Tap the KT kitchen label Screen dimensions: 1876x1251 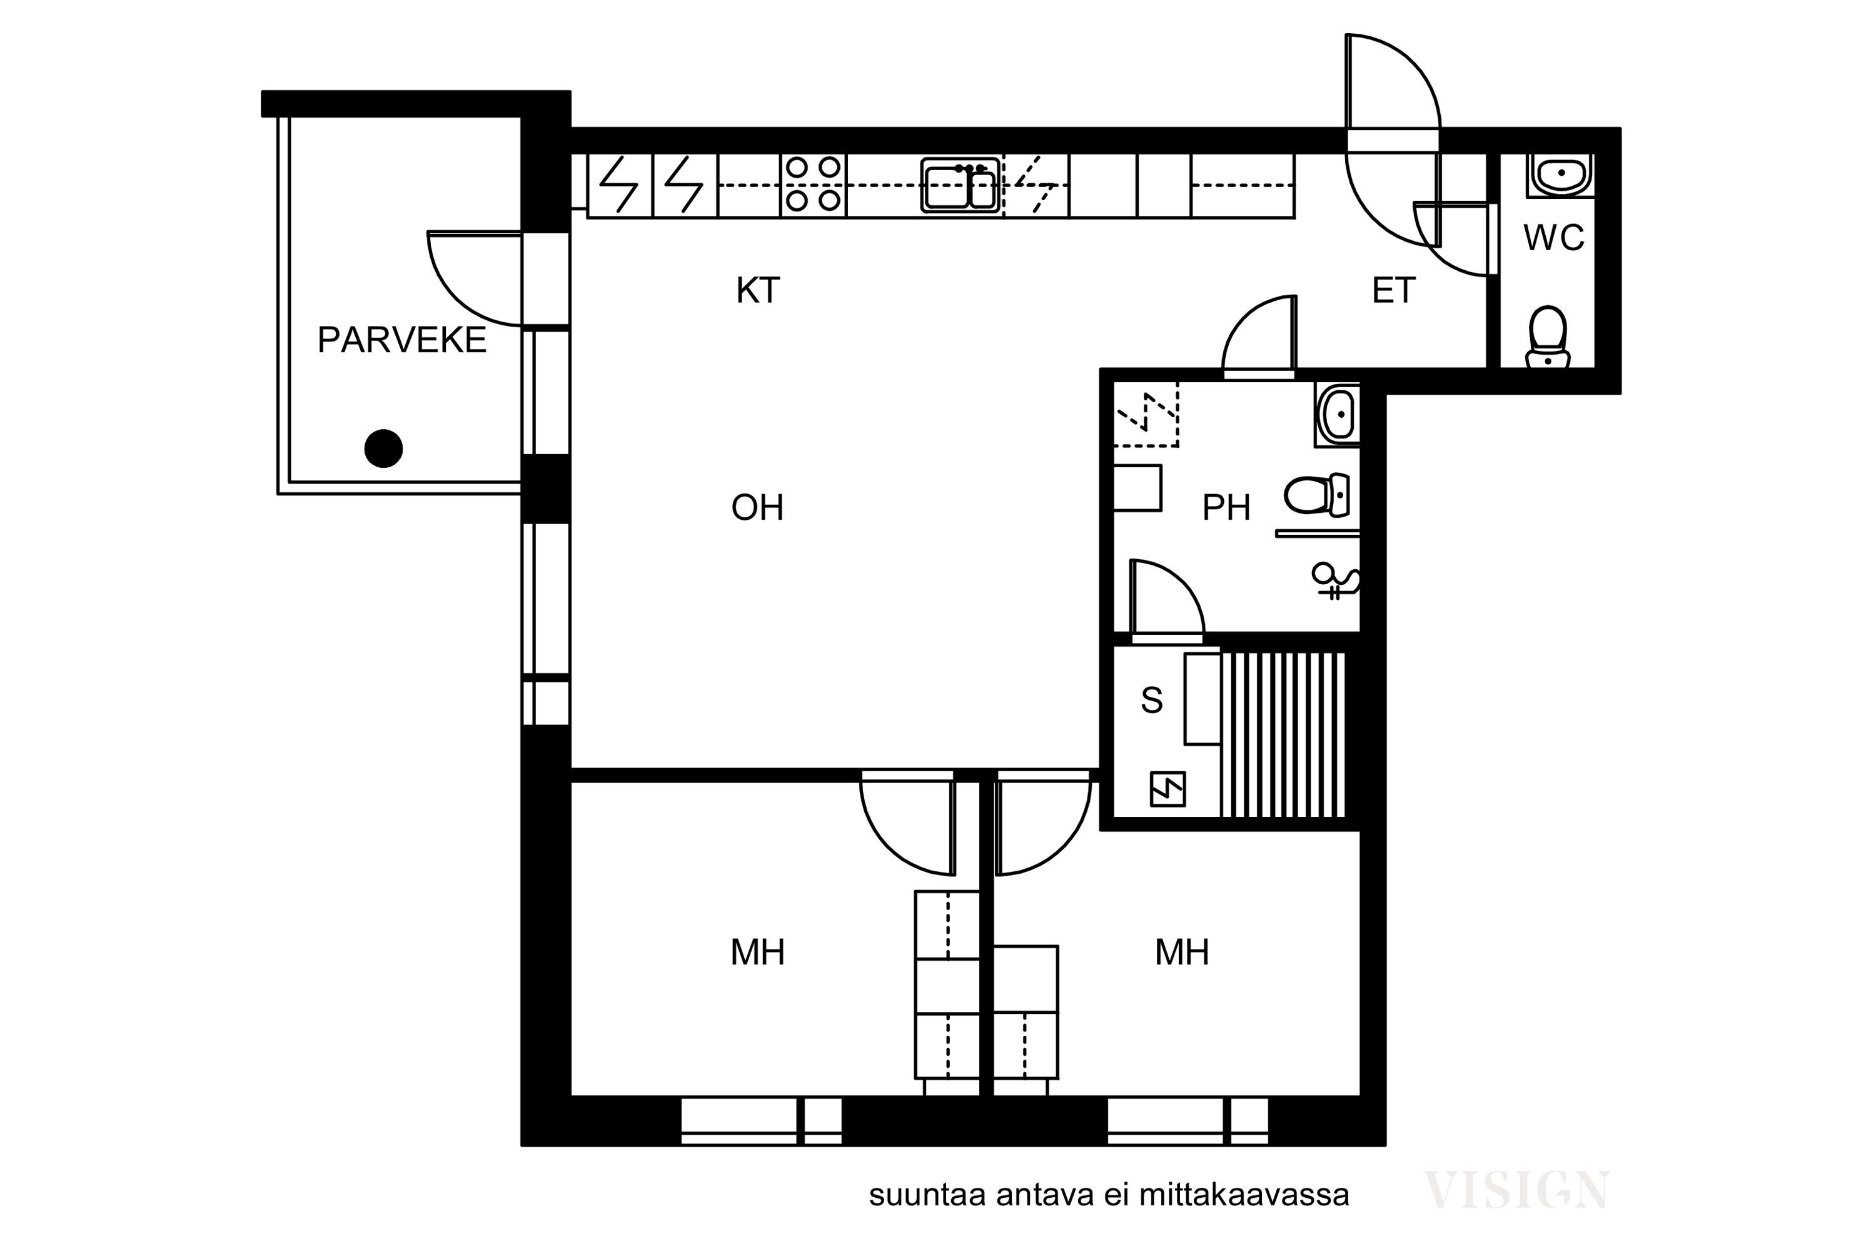(758, 290)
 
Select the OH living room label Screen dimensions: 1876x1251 (758, 507)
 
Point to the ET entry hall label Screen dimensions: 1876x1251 (1393, 290)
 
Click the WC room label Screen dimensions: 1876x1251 (1554, 238)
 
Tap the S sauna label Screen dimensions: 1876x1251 (1152, 700)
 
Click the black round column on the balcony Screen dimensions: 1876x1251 (384, 448)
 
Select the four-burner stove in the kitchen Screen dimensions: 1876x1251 (814, 185)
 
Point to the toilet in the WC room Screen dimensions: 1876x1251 (1548, 337)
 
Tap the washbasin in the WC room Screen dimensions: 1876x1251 (1561, 175)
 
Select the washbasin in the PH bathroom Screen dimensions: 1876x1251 (1338, 414)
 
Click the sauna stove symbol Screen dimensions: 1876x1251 (1167, 789)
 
